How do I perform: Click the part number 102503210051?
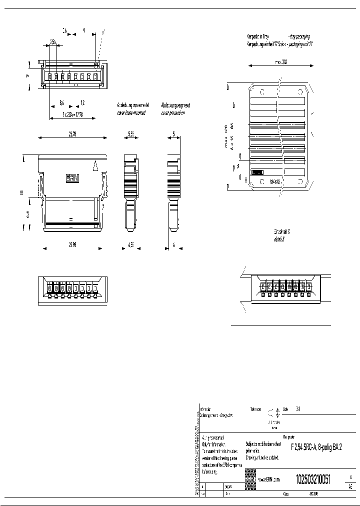[x=313, y=478]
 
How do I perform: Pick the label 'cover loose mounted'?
[x=133, y=113]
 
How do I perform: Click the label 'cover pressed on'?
[x=173, y=113]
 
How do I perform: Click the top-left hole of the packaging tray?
[x=260, y=92]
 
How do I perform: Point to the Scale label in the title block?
[x=286, y=409]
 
